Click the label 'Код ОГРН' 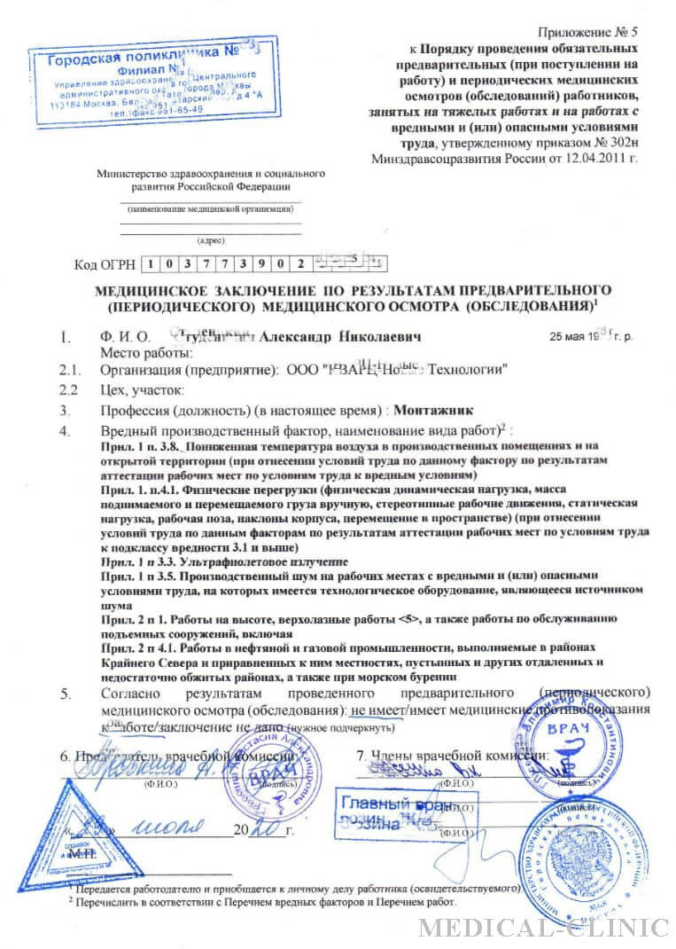click(x=105, y=263)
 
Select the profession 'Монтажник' click(x=436, y=412)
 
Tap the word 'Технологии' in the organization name click(x=469, y=370)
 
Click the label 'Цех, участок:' click(x=143, y=390)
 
